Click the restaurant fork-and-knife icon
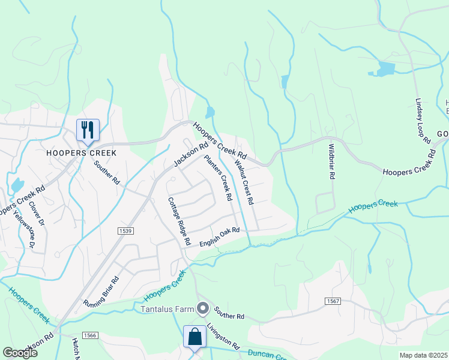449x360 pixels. [88, 130]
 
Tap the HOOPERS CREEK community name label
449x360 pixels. [82, 152]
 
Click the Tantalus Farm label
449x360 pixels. [167, 310]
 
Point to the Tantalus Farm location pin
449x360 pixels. [203, 309]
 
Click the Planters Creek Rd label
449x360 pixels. [218, 178]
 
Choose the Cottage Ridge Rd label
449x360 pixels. [179, 221]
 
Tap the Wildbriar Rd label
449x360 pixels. [330, 161]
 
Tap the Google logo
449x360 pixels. [20, 353]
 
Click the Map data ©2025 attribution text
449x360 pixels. [423, 355]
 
